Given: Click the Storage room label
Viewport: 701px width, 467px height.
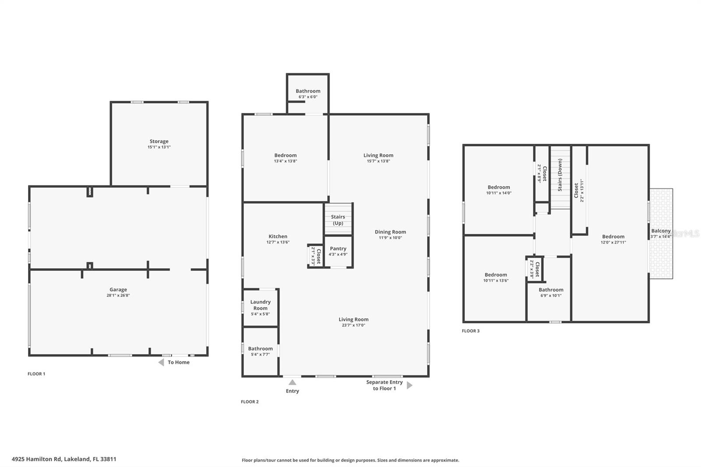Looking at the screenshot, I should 159,142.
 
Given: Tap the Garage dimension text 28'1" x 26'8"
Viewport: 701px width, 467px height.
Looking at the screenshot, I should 118,295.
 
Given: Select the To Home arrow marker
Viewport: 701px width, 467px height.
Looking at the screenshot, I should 161,362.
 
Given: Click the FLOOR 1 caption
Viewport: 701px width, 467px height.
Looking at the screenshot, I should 36,374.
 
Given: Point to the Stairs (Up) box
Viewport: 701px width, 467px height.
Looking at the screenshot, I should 338,219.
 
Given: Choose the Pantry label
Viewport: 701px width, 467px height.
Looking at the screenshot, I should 338,248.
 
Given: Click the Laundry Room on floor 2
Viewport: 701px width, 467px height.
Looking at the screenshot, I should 260,307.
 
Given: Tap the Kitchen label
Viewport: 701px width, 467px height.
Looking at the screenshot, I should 278,237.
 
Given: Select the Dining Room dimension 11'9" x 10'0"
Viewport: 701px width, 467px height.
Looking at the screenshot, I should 390,238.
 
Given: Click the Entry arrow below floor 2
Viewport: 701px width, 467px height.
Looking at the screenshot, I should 292,382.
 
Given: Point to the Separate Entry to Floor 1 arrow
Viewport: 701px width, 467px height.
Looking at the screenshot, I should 409,385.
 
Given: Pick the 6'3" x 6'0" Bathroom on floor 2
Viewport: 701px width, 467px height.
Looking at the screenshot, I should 308,93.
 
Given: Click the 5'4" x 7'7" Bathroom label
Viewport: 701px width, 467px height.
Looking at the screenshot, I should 260,349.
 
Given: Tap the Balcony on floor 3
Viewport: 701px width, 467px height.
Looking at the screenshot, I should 661,233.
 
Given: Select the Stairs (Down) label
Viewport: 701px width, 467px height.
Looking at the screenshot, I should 560,175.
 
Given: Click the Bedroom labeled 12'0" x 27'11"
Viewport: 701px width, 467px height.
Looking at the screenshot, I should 613,239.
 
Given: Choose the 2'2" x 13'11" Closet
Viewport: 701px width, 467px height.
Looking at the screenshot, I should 579,190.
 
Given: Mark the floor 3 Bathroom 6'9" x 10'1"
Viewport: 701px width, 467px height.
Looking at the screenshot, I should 551,292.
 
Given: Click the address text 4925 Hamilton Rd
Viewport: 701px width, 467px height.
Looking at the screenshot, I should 64,459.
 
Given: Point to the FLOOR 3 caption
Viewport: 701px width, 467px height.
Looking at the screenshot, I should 471,331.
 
